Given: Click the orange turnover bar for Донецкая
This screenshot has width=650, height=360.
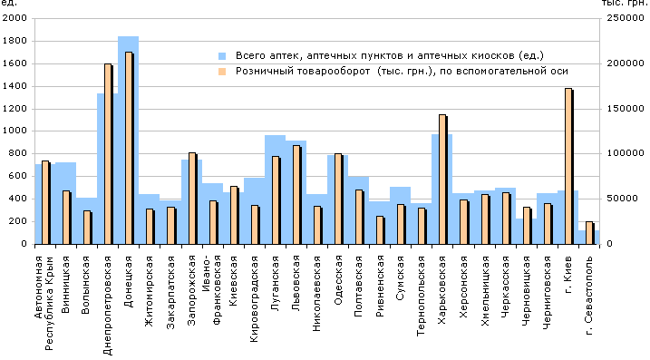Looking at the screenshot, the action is [x=129, y=148].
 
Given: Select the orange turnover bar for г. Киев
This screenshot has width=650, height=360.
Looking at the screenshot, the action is [x=568, y=166].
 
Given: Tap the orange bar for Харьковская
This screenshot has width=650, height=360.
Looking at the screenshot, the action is [x=442, y=180].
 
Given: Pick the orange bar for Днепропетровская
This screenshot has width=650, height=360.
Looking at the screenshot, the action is [x=108, y=154].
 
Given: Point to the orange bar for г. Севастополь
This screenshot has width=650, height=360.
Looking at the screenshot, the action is [x=589, y=233].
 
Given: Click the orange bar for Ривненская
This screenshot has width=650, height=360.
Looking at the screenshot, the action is [x=380, y=229].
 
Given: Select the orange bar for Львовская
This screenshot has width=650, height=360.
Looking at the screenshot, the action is [x=296, y=195].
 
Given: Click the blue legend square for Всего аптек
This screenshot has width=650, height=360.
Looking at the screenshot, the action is [x=223, y=56].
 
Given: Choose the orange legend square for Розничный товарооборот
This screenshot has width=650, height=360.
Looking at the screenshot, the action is [x=223, y=72].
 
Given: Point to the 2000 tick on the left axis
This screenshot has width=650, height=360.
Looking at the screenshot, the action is [x=15, y=18].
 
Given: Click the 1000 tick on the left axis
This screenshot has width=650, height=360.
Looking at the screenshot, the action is [x=15, y=131].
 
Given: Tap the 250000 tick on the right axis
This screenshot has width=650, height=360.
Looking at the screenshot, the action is [x=626, y=18].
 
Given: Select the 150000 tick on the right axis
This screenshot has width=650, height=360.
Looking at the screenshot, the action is [x=626, y=109].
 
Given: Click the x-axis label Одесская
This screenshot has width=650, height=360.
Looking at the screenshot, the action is [x=338, y=280].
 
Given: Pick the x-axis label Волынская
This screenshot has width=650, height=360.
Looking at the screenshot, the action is [x=85, y=285].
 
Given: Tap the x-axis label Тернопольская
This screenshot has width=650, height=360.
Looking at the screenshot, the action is [x=422, y=296].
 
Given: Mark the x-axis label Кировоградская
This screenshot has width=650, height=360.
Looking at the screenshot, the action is [x=254, y=299].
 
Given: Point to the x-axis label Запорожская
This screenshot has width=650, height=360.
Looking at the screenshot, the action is [x=191, y=290].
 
